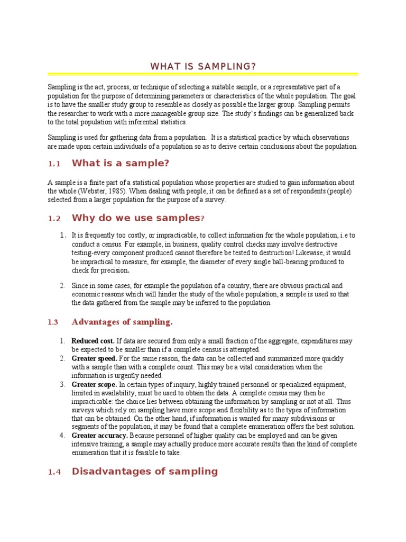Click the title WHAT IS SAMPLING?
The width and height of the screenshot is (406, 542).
203,66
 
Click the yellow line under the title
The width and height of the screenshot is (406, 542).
203,74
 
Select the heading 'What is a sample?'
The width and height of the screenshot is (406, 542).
121,162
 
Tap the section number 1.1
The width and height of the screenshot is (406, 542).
54,164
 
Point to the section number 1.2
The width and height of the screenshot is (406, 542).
54,219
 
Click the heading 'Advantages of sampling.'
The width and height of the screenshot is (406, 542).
122,322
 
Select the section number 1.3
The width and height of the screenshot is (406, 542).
52,322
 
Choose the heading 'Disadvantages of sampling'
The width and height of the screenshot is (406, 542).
144,471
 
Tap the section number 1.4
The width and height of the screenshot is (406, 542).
54,472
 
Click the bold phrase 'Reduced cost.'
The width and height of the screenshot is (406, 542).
93,341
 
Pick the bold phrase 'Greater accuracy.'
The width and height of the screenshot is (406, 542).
100,435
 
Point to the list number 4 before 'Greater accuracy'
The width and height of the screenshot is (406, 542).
62,435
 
